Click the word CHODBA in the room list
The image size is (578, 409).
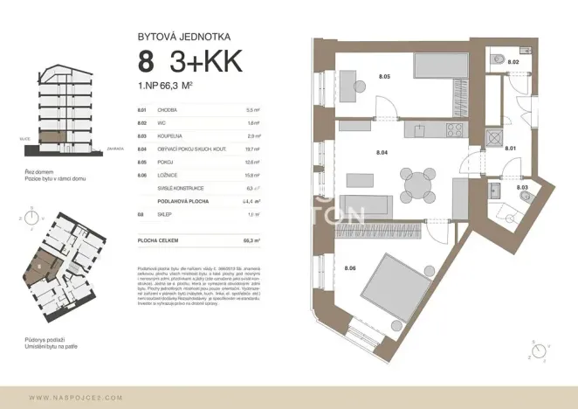pyautogui.click(x=167, y=111)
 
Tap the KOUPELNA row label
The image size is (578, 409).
pyautogui.click(x=169, y=136)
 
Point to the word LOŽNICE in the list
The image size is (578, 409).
pyautogui.click(x=167, y=175)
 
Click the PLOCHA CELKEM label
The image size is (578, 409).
pyautogui.click(x=157, y=239)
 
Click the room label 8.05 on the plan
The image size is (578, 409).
pyautogui.click(x=383, y=78)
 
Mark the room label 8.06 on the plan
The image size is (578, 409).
pyautogui.click(x=350, y=267)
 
